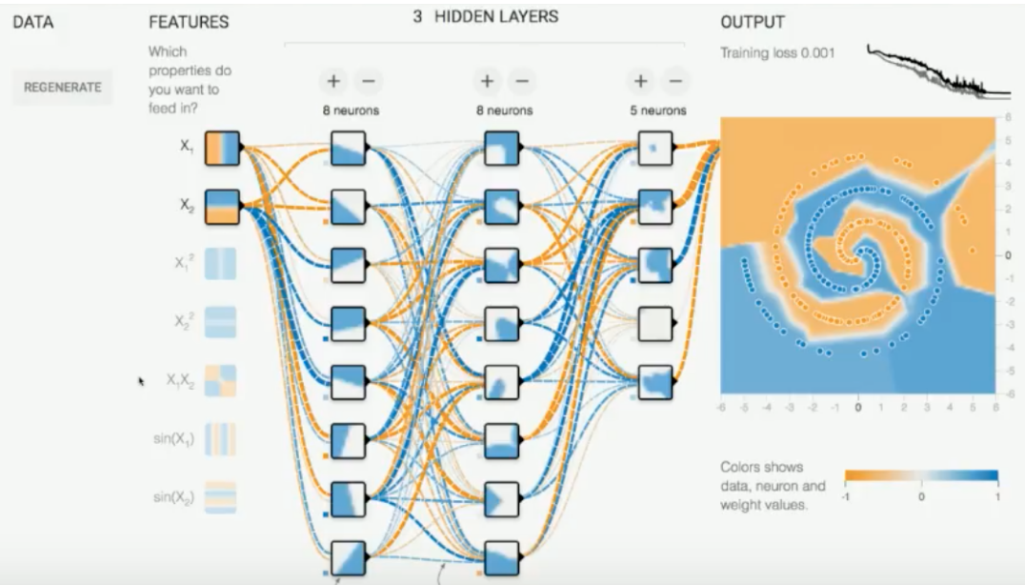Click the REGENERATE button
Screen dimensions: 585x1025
tap(63, 87)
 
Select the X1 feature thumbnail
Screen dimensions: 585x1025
tap(222, 149)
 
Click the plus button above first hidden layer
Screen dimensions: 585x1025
tap(333, 82)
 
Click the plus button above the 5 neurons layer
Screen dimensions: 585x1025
tap(640, 82)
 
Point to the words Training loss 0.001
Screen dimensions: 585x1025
tap(777, 53)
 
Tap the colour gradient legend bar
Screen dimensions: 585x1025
tap(921, 475)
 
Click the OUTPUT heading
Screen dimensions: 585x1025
tap(752, 22)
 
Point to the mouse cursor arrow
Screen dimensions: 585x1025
tap(142, 381)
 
